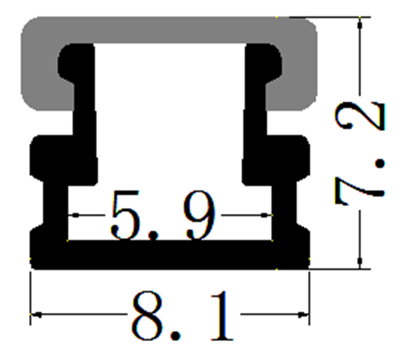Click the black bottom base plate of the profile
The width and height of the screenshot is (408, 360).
pyautogui.click(x=169, y=254)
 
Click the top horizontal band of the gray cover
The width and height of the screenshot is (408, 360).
pyautogui.click(x=169, y=30)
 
